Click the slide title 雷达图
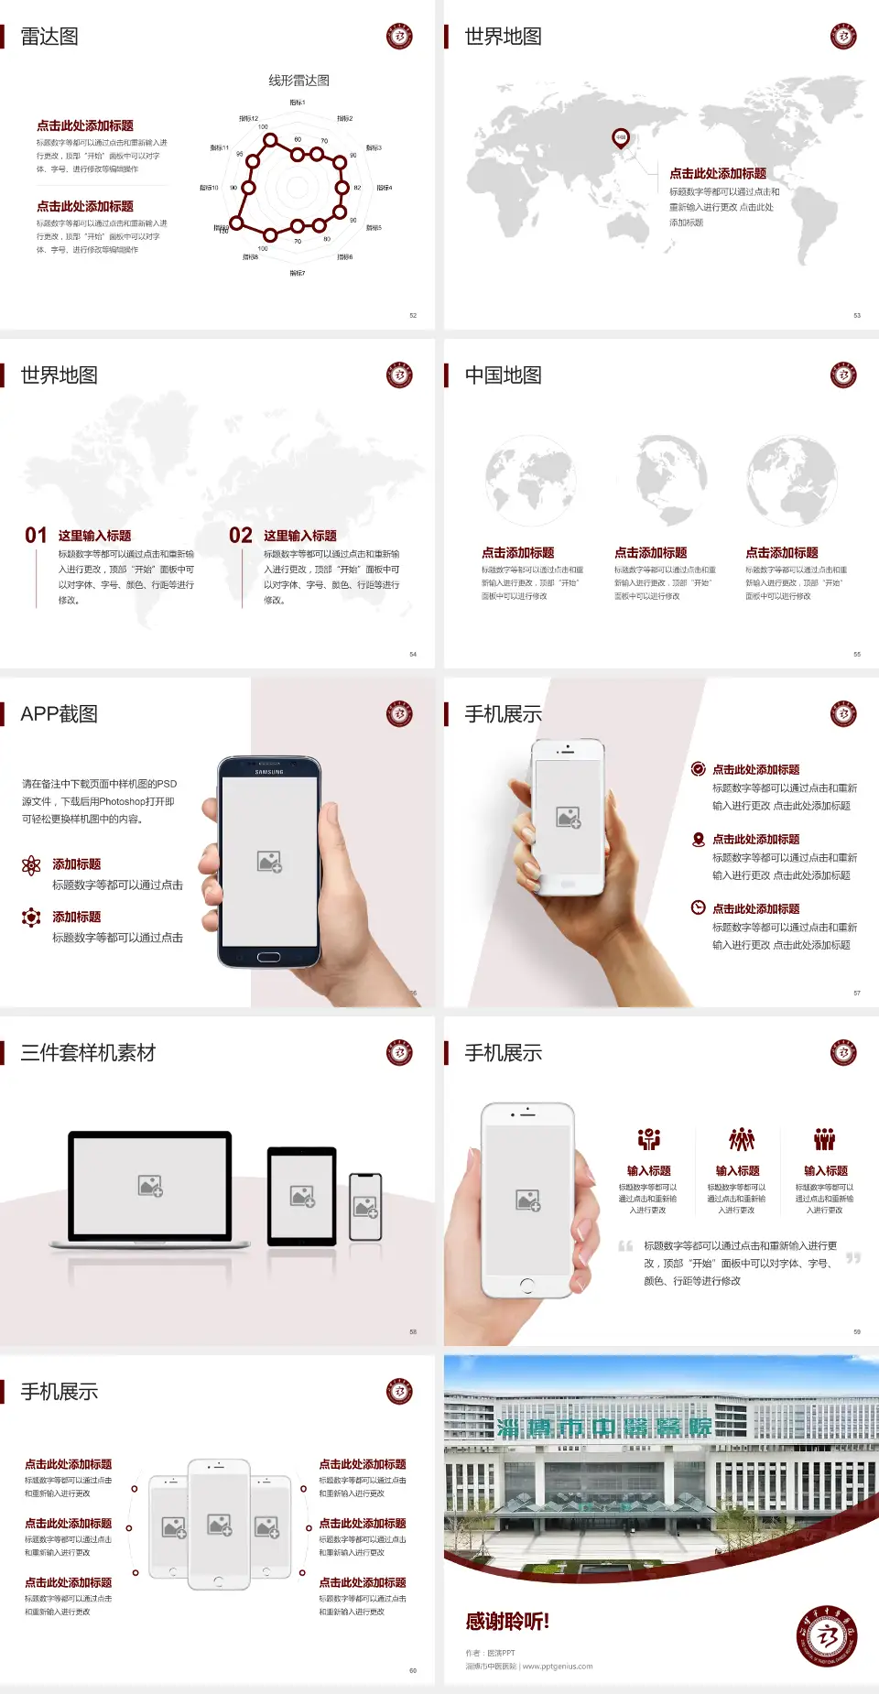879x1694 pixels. pos(49,37)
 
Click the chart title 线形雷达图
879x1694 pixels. pos(298,81)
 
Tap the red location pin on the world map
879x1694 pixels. pos(621,137)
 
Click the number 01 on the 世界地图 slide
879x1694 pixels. pos(36,536)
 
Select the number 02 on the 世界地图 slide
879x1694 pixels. pos(241,536)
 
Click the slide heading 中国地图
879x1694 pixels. pos(503,375)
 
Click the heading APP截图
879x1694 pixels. pos(59,714)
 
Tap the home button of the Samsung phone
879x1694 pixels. pos(268,957)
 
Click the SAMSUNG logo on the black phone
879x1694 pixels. pos(269,772)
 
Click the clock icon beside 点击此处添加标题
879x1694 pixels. pos(698,907)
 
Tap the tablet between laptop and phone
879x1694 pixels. pos(302,1196)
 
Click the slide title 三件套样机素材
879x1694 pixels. pos(88,1053)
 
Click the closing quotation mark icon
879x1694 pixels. pos(853,1258)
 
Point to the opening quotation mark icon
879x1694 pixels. pos(625,1245)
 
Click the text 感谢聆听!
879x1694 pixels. pos(507,1622)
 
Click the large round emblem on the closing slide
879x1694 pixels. pos(827,1635)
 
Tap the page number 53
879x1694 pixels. pos(857,315)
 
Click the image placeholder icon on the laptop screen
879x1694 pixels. pos(150,1186)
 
